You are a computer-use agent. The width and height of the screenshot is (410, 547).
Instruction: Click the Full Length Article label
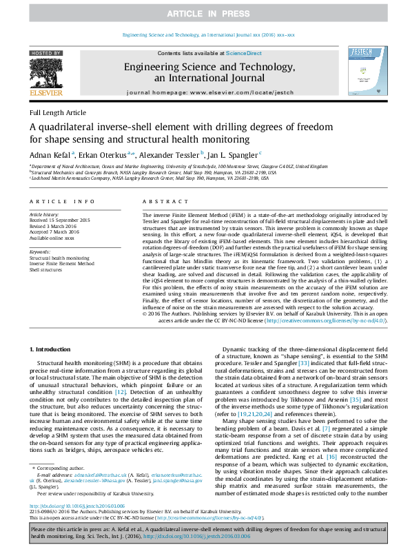pyautogui.click(x=58, y=112)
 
